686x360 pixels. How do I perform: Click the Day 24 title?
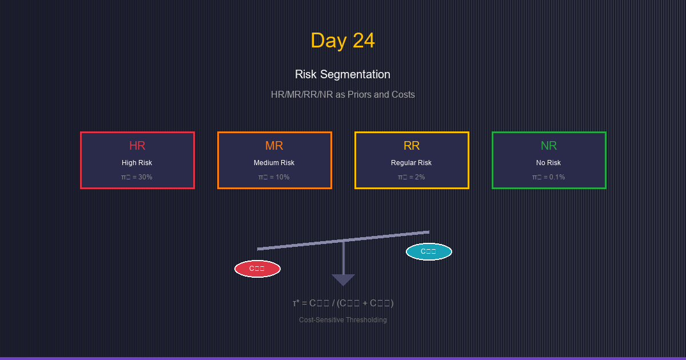click(x=342, y=41)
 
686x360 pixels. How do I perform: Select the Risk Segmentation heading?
click(x=342, y=74)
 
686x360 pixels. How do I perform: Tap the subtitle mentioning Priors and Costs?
click(x=342, y=94)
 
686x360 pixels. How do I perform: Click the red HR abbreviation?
click(x=137, y=146)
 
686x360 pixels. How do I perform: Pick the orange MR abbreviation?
click(x=274, y=146)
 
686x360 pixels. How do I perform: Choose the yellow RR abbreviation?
click(x=412, y=146)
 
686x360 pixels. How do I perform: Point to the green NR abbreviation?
click(x=549, y=146)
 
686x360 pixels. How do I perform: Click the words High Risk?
click(x=137, y=163)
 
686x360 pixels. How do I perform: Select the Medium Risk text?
click(x=274, y=163)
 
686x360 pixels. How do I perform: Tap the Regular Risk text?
click(x=412, y=163)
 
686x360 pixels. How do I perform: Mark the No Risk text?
click(x=549, y=163)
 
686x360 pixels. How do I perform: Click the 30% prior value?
click(x=137, y=177)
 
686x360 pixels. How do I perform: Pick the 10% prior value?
click(x=274, y=177)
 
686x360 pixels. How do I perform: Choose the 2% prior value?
click(x=412, y=177)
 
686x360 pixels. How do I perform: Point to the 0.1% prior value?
click(x=549, y=177)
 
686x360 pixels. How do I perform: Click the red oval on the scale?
click(x=257, y=269)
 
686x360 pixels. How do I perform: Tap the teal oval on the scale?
click(x=429, y=251)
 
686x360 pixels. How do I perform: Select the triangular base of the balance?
click(x=343, y=279)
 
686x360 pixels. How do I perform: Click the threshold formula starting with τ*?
click(x=343, y=303)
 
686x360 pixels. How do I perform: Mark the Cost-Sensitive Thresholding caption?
click(x=343, y=320)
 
